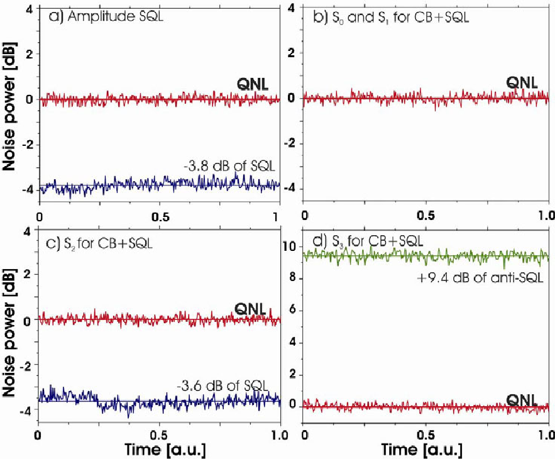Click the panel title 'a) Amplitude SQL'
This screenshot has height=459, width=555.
pos(106,16)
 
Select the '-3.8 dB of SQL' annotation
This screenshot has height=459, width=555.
pos(229,166)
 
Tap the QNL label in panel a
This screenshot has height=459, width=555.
pos(253,84)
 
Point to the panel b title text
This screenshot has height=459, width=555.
pos(391,18)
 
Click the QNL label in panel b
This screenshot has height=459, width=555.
pos(522,82)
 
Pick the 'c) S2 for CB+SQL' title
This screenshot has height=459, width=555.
pos(99,243)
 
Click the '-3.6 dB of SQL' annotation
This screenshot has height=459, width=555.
pos(223,385)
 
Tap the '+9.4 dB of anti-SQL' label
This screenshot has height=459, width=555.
pos(480,278)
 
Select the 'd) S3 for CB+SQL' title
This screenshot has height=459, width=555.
pos(368,241)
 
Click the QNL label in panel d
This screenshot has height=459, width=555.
pos(522,400)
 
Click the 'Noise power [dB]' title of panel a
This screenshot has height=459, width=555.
pos(9,107)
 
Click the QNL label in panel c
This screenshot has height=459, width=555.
pos(250,309)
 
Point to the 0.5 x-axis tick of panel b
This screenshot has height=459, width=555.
pos(426,216)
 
